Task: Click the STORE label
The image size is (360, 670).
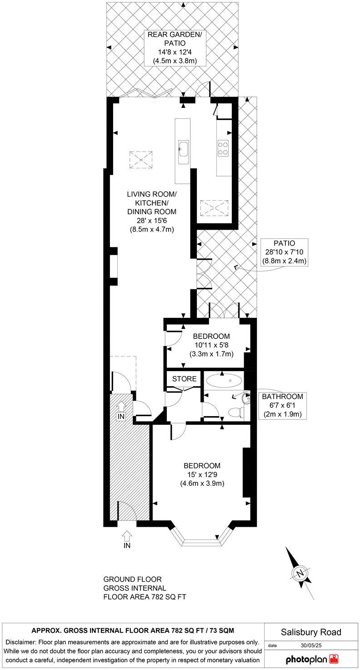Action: pos(184,378)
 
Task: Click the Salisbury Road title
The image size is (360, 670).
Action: pos(311,632)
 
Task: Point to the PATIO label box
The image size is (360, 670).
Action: pos(284,252)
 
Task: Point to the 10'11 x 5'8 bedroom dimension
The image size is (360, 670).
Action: pos(211,345)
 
